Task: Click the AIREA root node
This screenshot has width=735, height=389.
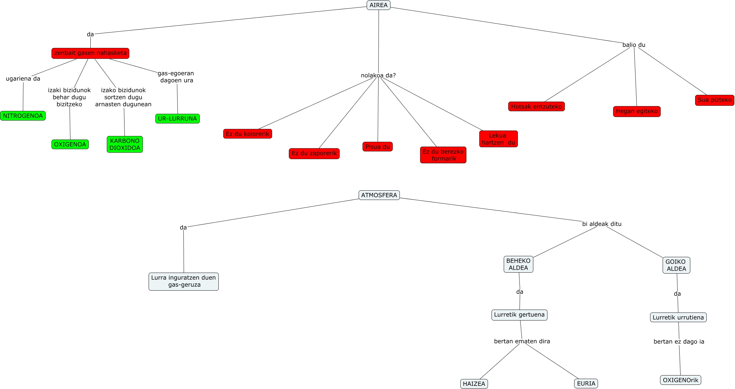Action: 378,5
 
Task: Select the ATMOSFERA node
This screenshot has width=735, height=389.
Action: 379,195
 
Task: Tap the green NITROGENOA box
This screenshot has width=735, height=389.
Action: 23,116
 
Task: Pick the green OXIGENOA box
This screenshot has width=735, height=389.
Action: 70,144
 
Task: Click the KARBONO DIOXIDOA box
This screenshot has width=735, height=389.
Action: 125,144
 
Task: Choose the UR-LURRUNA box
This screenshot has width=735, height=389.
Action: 177,119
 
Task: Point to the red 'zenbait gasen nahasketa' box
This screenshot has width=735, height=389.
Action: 90,53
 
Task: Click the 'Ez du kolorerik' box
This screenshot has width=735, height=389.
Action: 247,134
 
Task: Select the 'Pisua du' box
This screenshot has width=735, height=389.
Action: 377,147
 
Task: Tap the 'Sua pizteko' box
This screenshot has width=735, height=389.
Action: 714,100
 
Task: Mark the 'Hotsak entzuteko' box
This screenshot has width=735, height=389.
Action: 536,106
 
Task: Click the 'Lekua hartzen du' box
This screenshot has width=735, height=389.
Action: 498,139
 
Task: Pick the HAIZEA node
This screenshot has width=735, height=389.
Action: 474,384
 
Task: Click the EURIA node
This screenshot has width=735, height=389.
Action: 586,383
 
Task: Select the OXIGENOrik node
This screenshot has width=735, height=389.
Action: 680,380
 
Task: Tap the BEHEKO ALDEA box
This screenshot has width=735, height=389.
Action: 518,264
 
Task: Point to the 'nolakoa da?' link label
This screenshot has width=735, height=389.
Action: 378,75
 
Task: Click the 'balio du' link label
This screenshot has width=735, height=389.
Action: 634,45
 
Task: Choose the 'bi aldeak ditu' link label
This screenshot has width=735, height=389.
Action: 602,224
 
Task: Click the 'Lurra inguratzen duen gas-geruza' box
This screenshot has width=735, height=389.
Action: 183,281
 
